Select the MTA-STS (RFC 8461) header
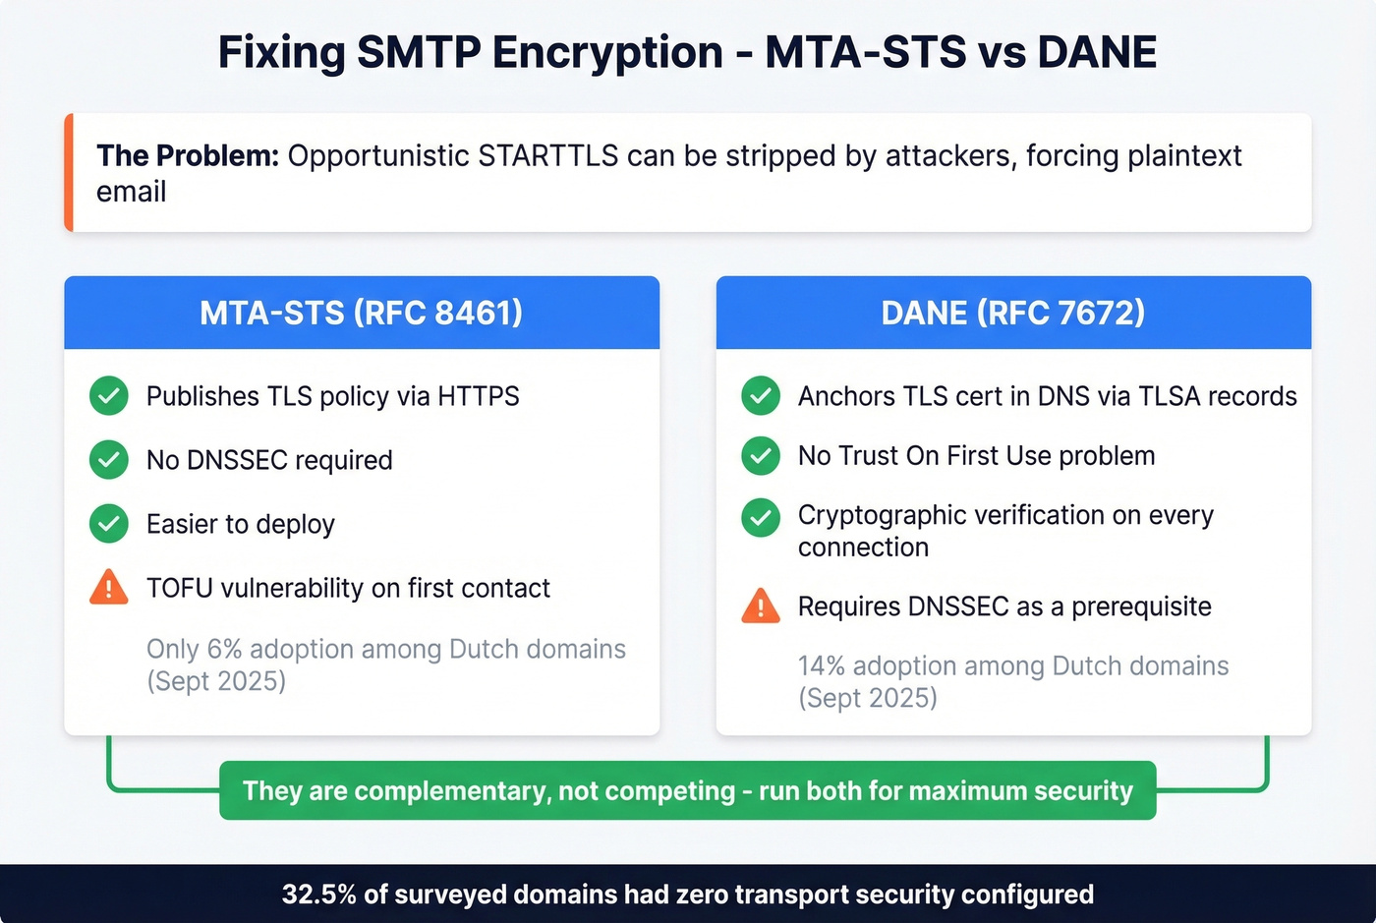[361, 313]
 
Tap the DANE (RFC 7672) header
[1013, 313]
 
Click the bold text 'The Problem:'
[188, 155]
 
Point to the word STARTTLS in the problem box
[547, 155]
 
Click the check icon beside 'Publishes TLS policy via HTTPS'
[109, 396]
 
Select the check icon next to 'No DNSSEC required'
[109, 460]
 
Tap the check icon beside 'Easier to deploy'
[109, 524]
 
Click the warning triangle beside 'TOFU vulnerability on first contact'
[109, 588]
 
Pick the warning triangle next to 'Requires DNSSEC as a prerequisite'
[761, 606]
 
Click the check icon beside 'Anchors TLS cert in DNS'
[761, 396]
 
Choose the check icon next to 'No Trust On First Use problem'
[761, 456]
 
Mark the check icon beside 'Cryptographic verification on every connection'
[761, 518]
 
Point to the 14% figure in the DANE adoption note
[822, 665]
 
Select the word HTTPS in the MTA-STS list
[478, 396]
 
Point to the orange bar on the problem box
[69, 173]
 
